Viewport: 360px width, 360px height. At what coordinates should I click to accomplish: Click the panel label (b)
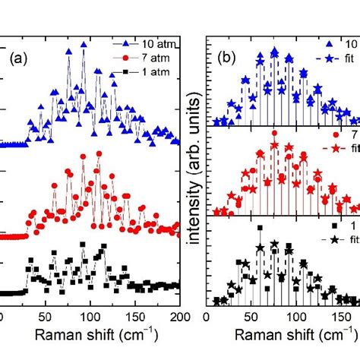229,56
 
